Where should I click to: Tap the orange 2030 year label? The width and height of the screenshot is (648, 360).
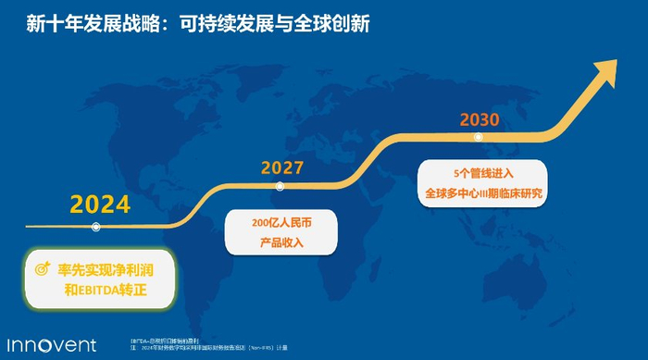480,119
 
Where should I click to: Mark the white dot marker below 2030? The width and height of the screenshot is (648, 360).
478,137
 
